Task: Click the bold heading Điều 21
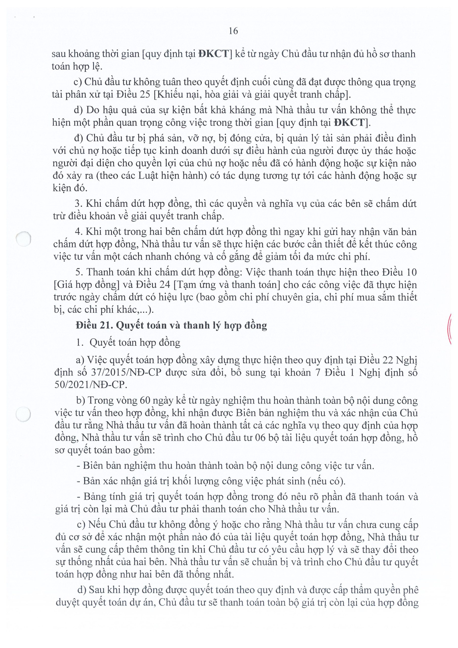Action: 94,326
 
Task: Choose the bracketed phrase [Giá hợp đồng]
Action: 85,285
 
